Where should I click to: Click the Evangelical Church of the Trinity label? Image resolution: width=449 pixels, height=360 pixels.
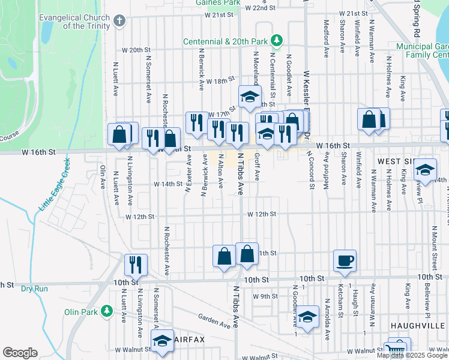click(74, 22)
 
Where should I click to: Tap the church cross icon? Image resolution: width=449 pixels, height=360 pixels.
click(119, 22)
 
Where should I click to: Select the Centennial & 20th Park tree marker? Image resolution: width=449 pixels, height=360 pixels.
click(277, 41)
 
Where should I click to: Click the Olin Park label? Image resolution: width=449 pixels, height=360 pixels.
click(82, 312)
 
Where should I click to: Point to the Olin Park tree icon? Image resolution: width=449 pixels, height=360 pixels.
click(106, 311)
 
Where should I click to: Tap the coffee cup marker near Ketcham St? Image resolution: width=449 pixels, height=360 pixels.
click(345, 260)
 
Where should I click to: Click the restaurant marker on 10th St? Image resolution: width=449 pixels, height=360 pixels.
click(136, 265)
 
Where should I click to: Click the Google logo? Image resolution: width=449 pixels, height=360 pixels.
click(20, 353)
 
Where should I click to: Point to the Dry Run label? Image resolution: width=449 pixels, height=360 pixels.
click(34, 289)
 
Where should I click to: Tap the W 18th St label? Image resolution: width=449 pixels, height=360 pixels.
click(220, 81)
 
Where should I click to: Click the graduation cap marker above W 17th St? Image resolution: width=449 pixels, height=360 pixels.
click(250, 97)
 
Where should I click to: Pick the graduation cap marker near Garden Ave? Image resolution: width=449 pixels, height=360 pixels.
click(307, 317)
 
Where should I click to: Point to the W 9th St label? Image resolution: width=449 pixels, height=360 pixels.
click(265, 296)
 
